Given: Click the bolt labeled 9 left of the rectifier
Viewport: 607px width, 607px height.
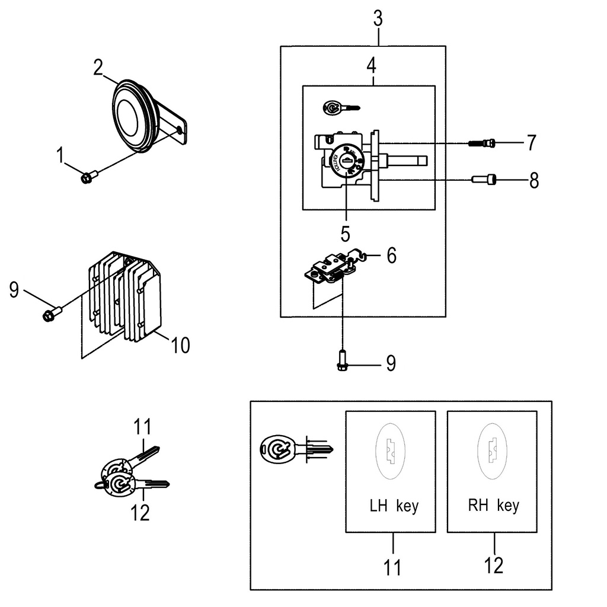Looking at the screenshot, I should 52,313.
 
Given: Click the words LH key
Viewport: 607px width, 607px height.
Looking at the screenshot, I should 394,506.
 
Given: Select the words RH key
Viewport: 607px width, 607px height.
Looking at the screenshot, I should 493,506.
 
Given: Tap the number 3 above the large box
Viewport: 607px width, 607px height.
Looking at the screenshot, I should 378,19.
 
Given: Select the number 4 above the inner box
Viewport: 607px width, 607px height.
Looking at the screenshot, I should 371,65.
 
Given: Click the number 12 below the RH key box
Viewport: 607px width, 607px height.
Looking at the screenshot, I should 493,566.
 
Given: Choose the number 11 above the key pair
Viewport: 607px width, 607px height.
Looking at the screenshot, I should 142,427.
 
